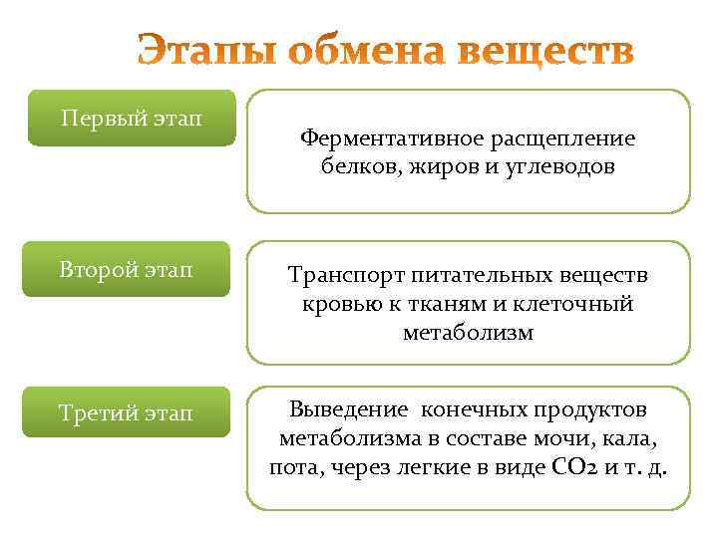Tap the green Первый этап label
pos(131,119)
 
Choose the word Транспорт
pos(339,274)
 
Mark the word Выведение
pos(348,409)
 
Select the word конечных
pos(468,409)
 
